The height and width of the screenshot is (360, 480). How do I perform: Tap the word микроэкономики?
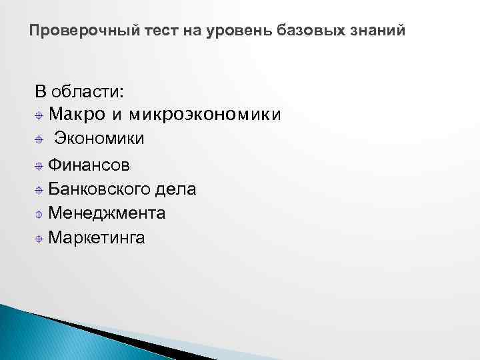[x=205, y=115]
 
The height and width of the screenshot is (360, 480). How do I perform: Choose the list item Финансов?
[x=90, y=165]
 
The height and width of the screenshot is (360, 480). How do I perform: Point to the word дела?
[x=175, y=189]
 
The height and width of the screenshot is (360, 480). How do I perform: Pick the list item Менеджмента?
[x=107, y=213]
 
